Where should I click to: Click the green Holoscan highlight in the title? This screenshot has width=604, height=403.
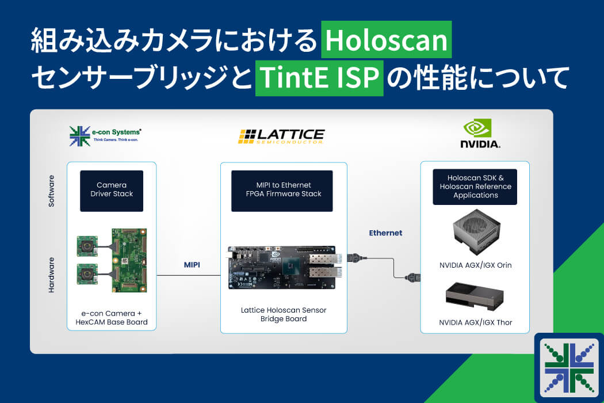tap(387, 39)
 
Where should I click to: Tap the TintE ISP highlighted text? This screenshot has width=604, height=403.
tap(319, 78)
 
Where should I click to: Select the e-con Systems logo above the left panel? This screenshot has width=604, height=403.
tap(105, 136)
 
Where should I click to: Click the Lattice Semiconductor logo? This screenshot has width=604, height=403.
tap(281, 136)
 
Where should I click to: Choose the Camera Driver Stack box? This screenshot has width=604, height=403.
tap(112, 191)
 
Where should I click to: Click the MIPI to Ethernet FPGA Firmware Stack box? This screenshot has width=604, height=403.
tap(282, 191)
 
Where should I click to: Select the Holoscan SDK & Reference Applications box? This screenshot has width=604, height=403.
tap(475, 187)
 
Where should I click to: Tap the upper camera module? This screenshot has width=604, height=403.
tap(87, 246)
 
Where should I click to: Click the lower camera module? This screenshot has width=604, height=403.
tap(87, 274)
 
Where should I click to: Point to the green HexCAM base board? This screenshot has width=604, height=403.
tap(129, 260)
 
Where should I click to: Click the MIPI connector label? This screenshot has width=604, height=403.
tap(192, 265)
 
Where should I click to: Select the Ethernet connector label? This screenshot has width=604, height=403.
tap(385, 233)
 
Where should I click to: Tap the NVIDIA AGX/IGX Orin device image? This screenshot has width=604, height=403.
tap(476, 232)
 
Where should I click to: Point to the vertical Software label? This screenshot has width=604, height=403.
tap(51, 191)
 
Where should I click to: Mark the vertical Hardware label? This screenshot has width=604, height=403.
tap(51, 275)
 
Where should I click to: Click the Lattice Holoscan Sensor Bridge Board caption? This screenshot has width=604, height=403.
tap(284, 314)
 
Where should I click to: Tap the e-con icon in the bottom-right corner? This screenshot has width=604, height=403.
tap(569, 367)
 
